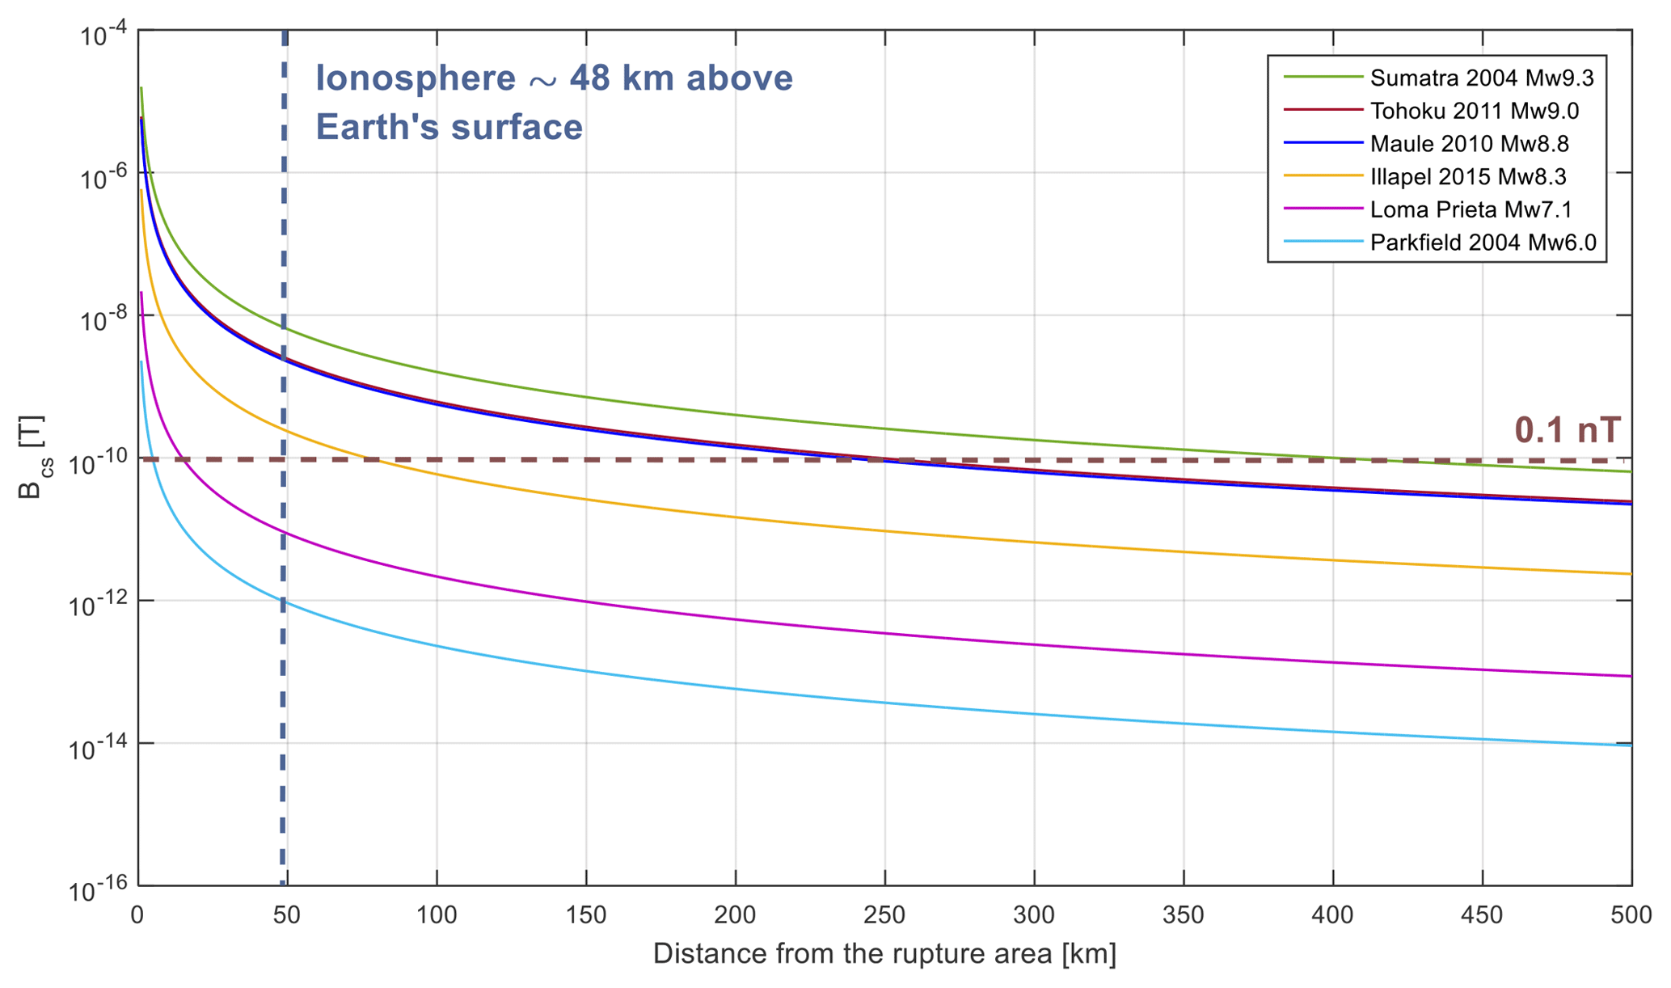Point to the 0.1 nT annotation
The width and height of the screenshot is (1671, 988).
[x=1567, y=430]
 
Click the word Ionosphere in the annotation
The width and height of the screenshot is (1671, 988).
[x=415, y=78]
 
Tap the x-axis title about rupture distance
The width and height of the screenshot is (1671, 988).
[x=884, y=954]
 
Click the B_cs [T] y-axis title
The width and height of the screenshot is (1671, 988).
[x=31, y=458]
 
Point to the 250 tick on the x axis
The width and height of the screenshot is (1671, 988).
[x=884, y=916]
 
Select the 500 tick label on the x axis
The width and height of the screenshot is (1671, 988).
[x=1631, y=916]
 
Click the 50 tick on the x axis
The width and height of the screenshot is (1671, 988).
[x=287, y=916]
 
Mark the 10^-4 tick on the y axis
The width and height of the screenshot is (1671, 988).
[x=103, y=35]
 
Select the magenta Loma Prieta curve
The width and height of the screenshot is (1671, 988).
[x=808, y=624]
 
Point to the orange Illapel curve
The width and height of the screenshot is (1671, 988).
[x=808, y=521]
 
